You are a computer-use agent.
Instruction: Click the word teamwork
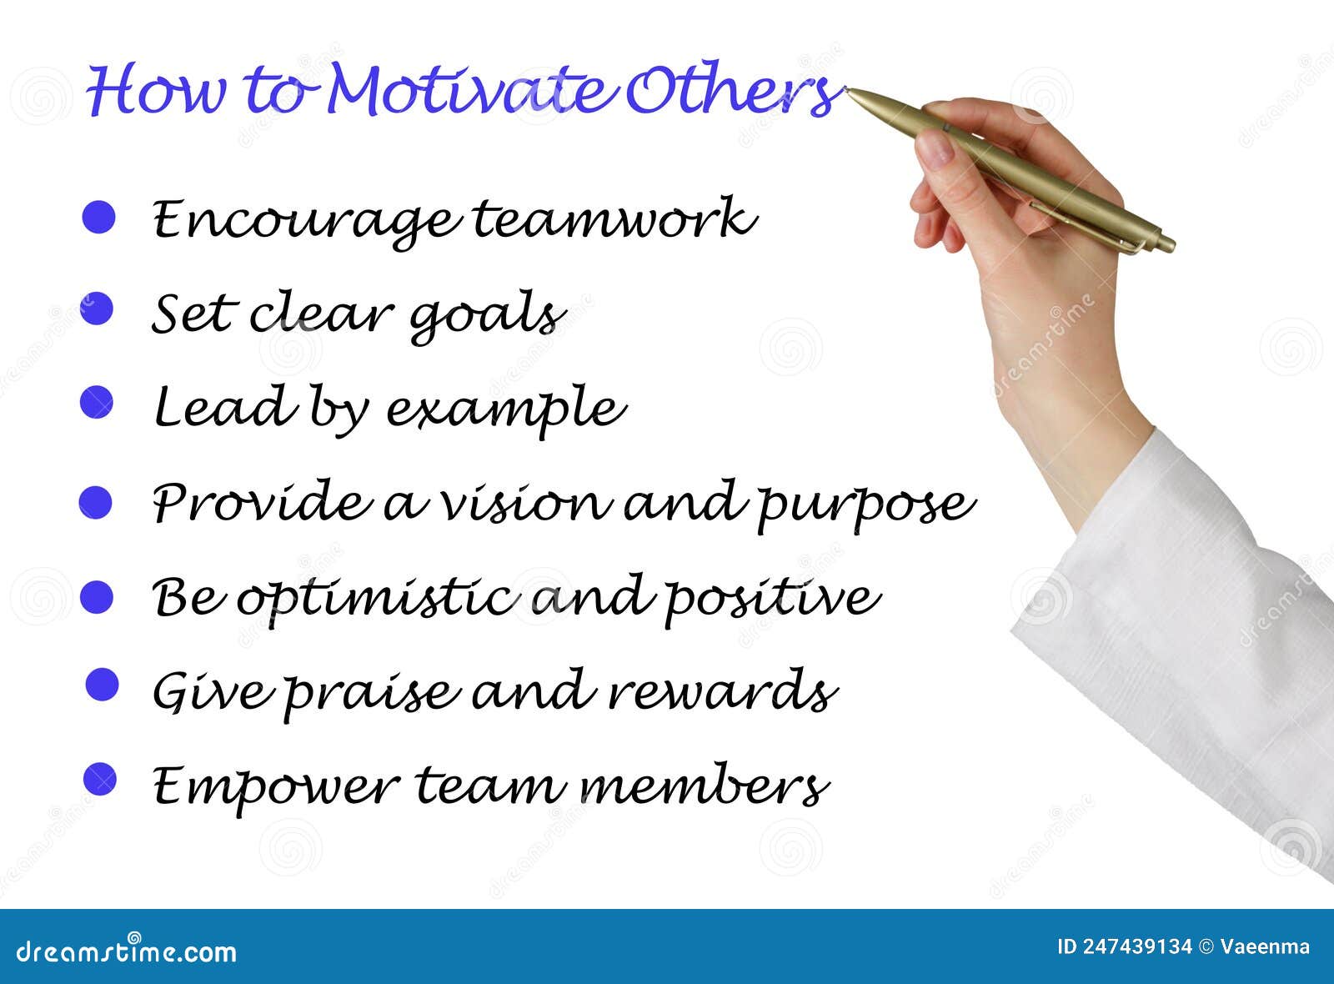point(614,218)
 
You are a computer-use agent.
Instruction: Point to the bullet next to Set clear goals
point(98,309)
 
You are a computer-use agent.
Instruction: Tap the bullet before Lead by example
point(97,402)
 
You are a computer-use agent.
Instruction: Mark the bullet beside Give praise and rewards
point(103,685)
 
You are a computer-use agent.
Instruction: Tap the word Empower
point(275,786)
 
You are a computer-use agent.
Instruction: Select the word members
point(705,786)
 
